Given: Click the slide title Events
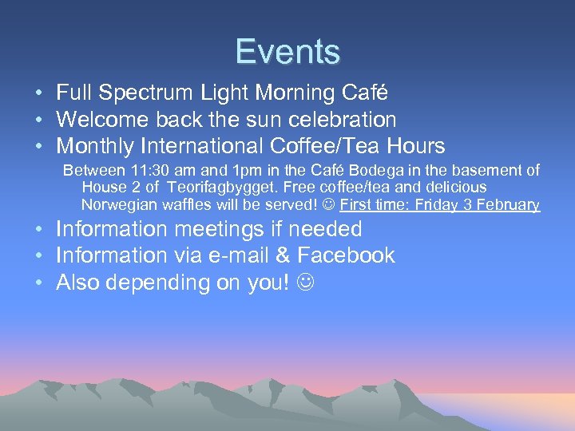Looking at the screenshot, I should tap(287, 52).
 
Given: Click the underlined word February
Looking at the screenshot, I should tap(509, 204).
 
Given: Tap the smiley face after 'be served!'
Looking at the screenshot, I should tap(328, 204).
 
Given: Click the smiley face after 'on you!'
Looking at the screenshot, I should tap(303, 283).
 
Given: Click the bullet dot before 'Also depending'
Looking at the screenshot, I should tap(39, 283).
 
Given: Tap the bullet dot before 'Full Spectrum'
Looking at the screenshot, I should tap(39, 93).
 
